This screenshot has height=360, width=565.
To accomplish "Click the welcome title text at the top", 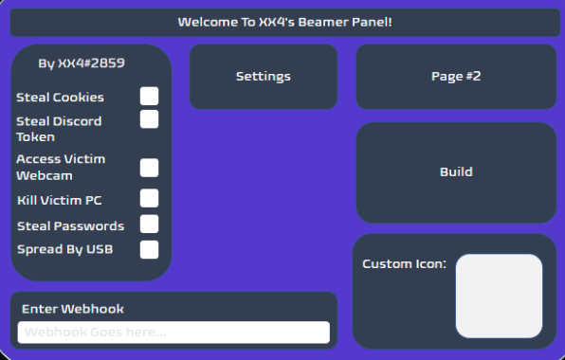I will [284, 21].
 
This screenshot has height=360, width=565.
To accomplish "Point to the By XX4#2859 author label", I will [82, 63].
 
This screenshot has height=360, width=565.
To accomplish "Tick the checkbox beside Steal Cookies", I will [149, 96].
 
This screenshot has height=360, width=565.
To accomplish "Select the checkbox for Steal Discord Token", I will [149, 119].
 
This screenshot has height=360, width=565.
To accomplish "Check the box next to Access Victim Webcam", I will [149, 168].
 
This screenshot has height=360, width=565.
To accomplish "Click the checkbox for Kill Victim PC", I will [149, 198].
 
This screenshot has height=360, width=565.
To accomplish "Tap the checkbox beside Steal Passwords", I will [149, 224].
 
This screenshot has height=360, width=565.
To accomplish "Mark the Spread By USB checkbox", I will [149, 249].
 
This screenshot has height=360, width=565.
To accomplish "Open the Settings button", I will [263, 77].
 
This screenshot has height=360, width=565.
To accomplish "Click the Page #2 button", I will [456, 77].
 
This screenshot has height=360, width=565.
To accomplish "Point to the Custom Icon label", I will [404, 263].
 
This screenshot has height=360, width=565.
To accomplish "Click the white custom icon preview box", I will [499, 296].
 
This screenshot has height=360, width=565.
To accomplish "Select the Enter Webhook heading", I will [73, 309].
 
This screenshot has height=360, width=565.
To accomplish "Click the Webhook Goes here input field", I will [173, 333].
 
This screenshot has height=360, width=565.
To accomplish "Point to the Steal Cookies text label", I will [61, 97].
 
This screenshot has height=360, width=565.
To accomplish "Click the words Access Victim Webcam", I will [60, 167].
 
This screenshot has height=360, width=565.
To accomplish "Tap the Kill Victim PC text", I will [60, 200].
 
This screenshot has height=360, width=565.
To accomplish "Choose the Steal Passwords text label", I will [70, 225].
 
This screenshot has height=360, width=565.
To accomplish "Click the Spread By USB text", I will [64, 249].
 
